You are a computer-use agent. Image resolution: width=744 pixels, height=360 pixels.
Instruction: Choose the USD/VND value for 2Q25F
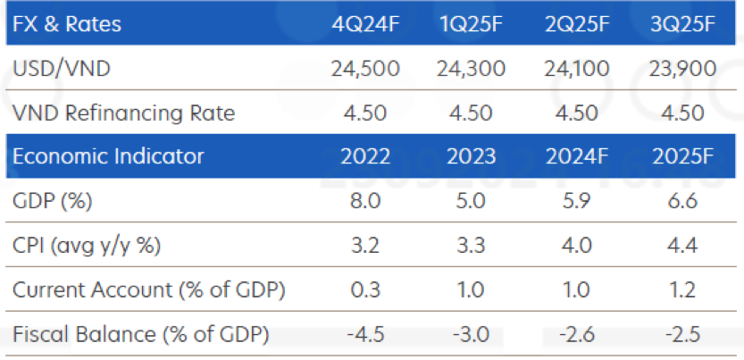pyautogui.click(x=577, y=69)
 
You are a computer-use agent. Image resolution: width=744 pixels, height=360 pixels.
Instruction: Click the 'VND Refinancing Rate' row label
pyautogui.click(x=125, y=113)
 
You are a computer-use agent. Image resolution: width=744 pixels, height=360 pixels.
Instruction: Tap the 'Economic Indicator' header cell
pyautogui.click(x=109, y=157)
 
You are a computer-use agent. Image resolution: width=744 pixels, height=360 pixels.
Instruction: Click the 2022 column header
pyautogui.click(x=365, y=157)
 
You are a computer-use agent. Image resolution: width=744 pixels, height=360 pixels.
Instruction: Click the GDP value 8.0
pyautogui.click(x=365, y=202)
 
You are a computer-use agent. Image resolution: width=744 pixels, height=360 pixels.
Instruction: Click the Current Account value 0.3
pyautogui.click(x=365, y=291)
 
